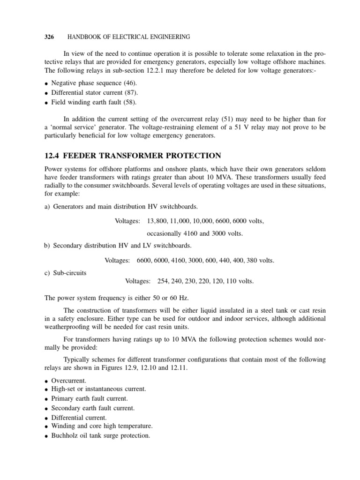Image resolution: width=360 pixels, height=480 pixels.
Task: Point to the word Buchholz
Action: [x=67, y=435]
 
